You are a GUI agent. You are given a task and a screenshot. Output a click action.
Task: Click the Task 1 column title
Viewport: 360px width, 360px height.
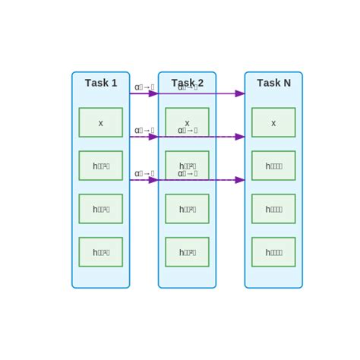(101, 83)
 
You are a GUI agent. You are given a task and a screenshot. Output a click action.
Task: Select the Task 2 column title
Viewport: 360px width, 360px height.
(187, 83)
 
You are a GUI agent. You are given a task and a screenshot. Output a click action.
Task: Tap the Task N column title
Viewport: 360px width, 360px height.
(273, 83)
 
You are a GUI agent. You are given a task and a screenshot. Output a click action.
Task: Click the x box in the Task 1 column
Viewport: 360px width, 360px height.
(100, 122)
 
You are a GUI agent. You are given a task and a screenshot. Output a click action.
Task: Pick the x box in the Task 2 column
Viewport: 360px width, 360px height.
(187, 122)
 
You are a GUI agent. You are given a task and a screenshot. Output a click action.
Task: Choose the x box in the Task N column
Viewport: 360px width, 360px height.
(273, 122)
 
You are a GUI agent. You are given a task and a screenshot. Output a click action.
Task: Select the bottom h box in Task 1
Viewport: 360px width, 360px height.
(100, 252)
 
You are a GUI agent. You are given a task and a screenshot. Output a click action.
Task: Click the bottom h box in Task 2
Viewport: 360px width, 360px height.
(187, 252)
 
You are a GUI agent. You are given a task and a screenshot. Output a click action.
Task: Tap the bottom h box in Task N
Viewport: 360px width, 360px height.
(273, 252)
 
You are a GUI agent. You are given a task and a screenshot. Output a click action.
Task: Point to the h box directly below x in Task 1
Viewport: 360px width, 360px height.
(100, 166)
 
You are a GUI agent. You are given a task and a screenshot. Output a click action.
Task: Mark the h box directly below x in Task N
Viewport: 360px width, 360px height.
(273, 166)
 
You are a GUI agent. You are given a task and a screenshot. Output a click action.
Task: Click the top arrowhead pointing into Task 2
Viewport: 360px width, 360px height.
(153, 93)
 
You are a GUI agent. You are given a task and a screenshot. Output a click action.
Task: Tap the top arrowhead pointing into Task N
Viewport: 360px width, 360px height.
(240, 93)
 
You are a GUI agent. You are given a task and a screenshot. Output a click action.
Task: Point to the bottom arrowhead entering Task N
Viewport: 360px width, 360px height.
(240, 180)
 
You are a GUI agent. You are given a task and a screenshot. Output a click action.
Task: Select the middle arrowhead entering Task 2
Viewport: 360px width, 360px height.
(153, 137)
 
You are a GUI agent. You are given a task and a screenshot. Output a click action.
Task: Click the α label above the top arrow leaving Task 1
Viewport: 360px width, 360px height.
(144, 87)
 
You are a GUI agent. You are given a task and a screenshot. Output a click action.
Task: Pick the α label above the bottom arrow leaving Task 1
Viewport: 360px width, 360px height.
(144, 174)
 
